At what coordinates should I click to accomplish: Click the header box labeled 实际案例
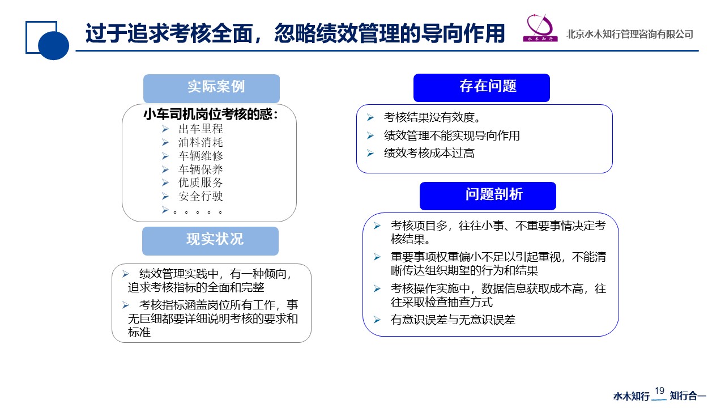click(x=211, y=88)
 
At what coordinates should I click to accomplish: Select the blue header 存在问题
click(x=481, y=88)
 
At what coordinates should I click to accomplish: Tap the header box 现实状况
click(x=210, y=241)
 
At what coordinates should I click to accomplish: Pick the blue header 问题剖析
click(x=488, y=196)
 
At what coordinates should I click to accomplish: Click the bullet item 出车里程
click(x=201, y=129)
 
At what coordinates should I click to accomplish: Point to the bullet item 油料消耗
click(x=201, y=142)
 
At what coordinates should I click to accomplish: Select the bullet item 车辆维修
click(x=201, y=156)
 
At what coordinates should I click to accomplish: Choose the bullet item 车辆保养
click(x=201, y=169)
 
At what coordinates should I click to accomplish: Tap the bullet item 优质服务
click(x=201, y=182)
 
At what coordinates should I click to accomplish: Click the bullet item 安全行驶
click(x=201, y=196)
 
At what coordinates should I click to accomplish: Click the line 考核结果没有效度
click(x=432, y=117)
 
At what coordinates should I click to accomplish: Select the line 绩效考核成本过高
click(x=429, y=153)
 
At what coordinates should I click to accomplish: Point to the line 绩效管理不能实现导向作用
click(x=452, y=135)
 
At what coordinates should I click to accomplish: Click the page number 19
click(x=659, y=390)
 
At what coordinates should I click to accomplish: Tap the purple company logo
click(x=540, y=28)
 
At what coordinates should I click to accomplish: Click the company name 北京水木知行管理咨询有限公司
click(x=629, y=34)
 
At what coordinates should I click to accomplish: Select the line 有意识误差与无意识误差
click(x=453, y=320)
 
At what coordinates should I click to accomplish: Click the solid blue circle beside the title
click(x=53, y=45)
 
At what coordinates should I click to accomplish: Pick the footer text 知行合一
click(x=688, y=396)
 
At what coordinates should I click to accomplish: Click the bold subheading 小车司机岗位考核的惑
click(x=210, y=114)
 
